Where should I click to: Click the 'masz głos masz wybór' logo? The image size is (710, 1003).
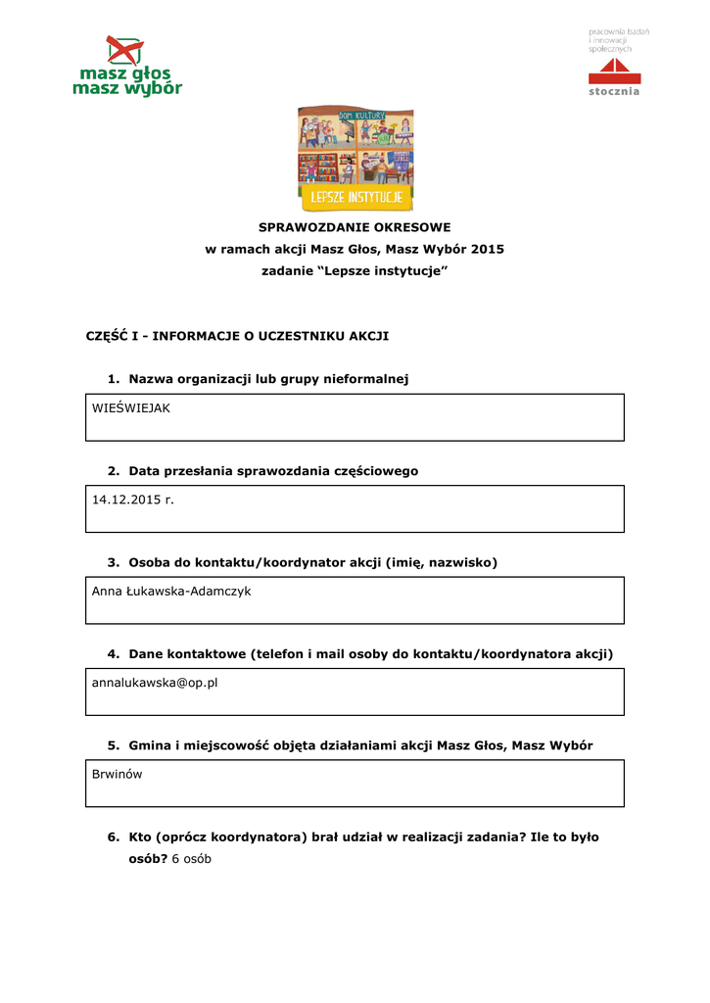(126, 67)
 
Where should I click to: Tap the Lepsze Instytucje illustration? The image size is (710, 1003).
(355, 160)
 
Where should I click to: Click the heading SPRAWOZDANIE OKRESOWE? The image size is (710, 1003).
(355, 227)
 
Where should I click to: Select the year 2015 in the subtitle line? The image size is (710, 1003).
(487, 249)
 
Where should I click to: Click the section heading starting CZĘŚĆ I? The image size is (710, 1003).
(238, 336)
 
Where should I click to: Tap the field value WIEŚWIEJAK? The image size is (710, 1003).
(131, 407)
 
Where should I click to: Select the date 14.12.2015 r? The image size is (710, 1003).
(132, 500)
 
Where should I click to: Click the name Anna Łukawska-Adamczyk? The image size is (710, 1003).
(171, 591)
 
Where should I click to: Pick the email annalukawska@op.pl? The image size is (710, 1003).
(155, 682)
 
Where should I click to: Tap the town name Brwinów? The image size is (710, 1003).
(118, 773)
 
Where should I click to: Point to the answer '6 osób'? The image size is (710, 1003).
(191, 859)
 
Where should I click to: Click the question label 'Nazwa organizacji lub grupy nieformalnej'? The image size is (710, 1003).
(267, 378)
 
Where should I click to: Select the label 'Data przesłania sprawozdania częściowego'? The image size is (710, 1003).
(273, 470)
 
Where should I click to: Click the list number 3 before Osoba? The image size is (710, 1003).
(113, 562)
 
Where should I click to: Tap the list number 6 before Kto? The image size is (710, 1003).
(113, 837)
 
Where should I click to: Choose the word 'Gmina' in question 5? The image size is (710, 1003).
(149, 745)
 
